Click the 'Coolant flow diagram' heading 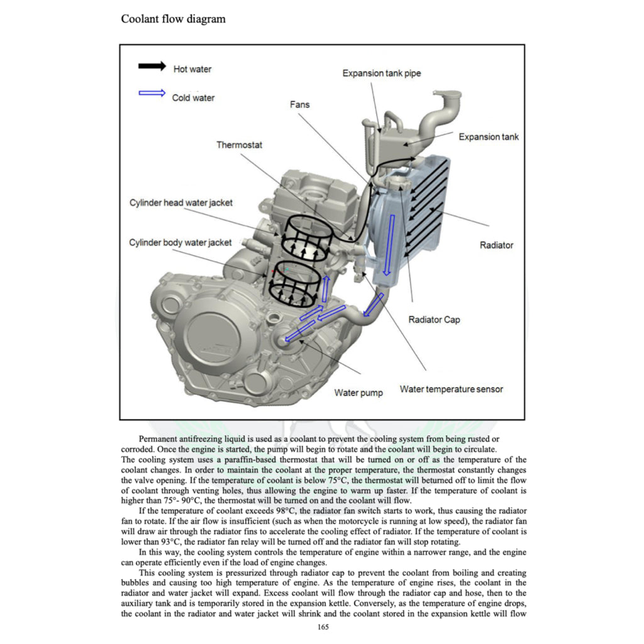point(173,19)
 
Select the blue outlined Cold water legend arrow point(151,93)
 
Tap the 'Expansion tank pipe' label point(382,74)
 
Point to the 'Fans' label point(299,104)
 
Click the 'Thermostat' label point(240,145)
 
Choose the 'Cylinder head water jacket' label point(181,203)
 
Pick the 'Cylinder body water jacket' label point(180,242)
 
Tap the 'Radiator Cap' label point(434,320)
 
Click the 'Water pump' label point(358,393)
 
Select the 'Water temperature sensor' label point(452,389)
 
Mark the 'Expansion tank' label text point(489,137)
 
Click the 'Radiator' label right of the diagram point(496,245)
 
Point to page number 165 point(323,626)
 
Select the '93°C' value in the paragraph point(167,542)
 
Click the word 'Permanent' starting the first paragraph point(159,438)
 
